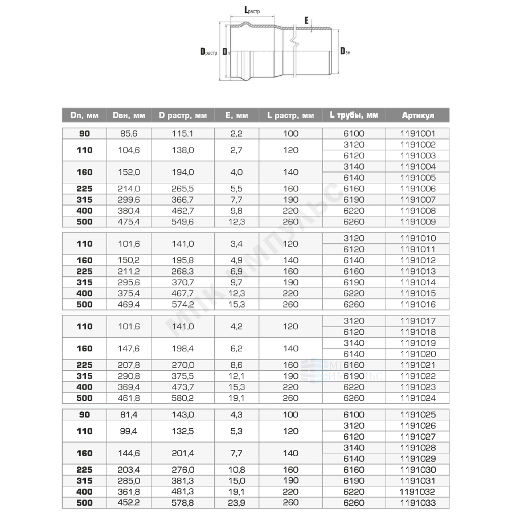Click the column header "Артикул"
pos(417,115)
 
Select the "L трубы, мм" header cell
pos(354,115)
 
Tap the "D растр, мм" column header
pos(183,115)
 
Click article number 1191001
pos(417,134)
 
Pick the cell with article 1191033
pos(417,502)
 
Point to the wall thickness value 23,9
pos(236,502)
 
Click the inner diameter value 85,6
pos(129,134)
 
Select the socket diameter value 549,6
pos(183,222)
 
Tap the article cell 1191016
pos(417,304)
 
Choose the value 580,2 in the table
pos(183,398)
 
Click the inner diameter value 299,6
pos(129,200)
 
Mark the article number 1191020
pos(417,354)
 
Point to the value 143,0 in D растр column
pos(183,415)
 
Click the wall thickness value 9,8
pos(236,211)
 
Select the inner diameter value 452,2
pos(129,502)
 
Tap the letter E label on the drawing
pos(306,20)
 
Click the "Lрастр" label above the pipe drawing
pos(251,10)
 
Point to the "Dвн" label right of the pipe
pos(345,52)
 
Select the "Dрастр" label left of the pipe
pos(209,52)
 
